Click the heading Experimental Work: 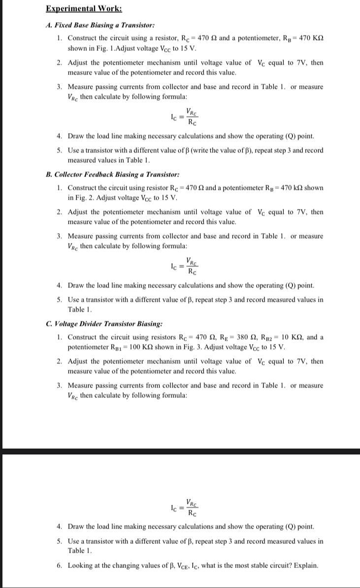(77, 8)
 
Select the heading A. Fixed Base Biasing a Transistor (100, 25)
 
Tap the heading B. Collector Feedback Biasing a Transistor (112, 174)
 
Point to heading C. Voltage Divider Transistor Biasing (104, 324)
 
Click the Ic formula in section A (185, 116)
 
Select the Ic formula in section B (185, 266)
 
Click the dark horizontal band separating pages (180, 451)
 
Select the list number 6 (59, 565)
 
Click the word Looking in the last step (81, 565)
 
